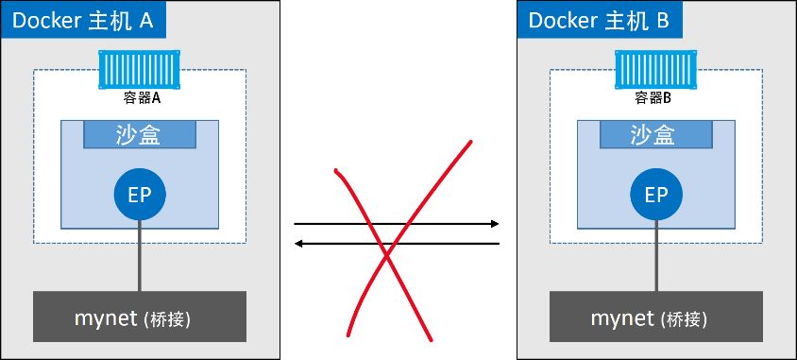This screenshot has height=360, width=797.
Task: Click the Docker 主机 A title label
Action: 83,19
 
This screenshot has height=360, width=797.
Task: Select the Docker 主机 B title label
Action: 600,19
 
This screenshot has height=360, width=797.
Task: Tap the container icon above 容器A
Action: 139,69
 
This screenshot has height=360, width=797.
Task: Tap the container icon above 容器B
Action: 655,69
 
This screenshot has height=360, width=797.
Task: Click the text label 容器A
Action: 142,98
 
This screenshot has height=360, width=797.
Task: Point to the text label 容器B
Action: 653,98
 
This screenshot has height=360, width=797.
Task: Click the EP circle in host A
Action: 140,195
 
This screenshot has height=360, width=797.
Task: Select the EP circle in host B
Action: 656,195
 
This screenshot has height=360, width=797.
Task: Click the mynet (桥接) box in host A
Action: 140,317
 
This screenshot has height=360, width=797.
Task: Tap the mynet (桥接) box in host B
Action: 656,317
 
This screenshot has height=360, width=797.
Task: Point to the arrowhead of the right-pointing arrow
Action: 495,224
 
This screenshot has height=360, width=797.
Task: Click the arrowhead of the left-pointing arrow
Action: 298,244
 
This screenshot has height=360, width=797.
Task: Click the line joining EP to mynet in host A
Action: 140,256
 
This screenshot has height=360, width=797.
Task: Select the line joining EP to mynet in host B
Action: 656,256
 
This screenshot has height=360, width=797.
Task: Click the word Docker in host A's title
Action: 46,21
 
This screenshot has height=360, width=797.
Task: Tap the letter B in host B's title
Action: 662,21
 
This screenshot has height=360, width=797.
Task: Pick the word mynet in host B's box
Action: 622,318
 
